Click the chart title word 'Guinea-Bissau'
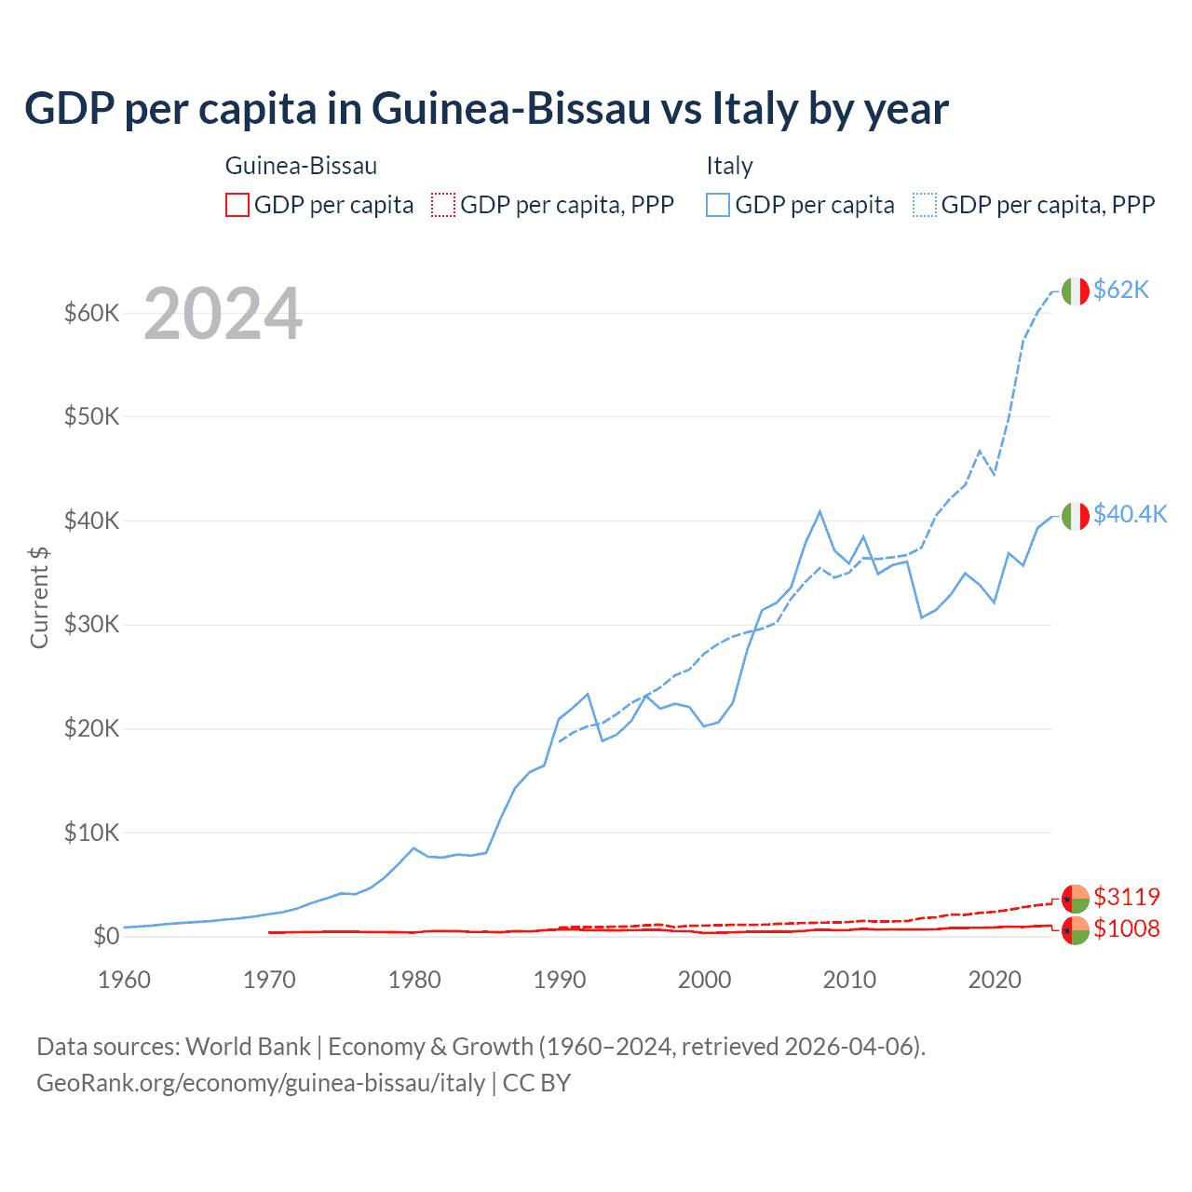pos(510,108)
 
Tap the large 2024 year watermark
pos(223,314)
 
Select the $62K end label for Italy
pos(1121,290)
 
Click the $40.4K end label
pos(1130,514)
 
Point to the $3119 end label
pos(1127,897)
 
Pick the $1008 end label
pos(1127,928)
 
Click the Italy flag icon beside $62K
pos(1075,291)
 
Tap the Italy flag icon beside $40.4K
pos(1075,516)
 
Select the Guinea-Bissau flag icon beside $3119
pos(1075,899)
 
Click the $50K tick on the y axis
pos(91,416)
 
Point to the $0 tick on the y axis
pos(106,936)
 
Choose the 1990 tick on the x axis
pos(560,980)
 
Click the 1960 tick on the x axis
pos(125,980)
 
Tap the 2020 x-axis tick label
pos(995,980)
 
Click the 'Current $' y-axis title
pos(39,597)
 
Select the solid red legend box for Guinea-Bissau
pos(237,205)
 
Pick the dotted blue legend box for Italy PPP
pos(925,205)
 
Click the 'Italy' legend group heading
pos(729,166)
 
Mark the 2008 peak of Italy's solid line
pos(819,511)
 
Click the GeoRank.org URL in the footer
pos(261,1083)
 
